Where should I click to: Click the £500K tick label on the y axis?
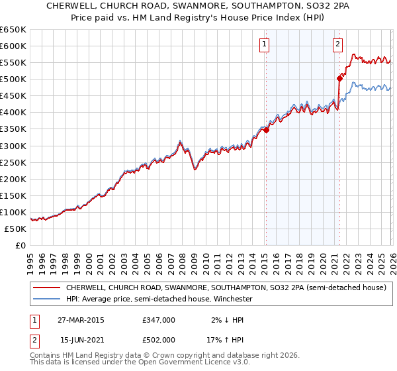13,79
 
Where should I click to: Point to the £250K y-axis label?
13,162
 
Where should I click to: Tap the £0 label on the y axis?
21,245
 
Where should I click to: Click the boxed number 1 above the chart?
264,44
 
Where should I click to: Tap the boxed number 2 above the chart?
337,44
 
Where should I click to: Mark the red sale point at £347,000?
266,130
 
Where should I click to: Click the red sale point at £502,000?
339,78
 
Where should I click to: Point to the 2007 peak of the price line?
180,141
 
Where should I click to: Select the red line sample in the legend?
46,288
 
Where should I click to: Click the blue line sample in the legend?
46,299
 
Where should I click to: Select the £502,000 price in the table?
158,339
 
